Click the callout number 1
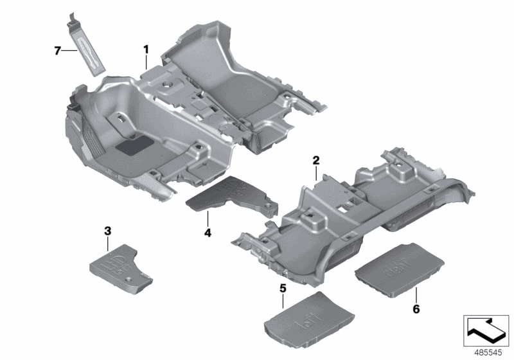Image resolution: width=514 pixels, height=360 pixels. coord(146,49)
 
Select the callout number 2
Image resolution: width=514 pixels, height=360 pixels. coord(316,159)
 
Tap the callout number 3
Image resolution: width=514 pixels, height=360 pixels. coord(107,230)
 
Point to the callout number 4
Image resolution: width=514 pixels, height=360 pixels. coord(208,232)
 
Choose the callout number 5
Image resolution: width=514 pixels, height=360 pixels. coord(282,288)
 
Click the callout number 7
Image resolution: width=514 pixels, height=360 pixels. coord(58,50)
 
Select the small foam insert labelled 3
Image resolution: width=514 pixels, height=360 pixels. coord(122,265)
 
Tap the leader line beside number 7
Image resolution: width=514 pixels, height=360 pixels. coord(69,50)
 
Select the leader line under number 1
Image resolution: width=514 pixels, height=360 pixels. coord(146,61)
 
